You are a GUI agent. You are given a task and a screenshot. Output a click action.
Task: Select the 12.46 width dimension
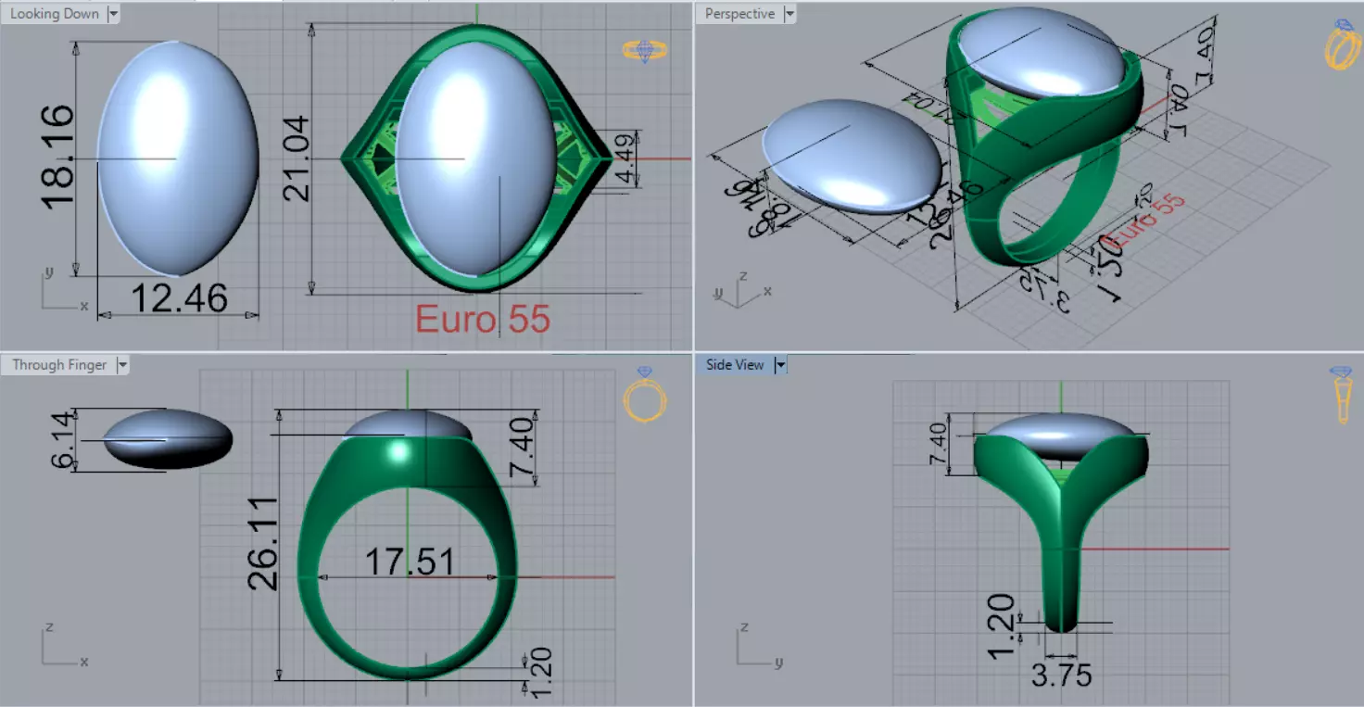179,298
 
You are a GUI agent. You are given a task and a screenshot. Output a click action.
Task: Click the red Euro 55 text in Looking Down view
482,320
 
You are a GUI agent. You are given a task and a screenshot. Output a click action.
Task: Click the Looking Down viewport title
55,14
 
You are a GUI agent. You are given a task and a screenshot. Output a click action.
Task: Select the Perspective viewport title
739,14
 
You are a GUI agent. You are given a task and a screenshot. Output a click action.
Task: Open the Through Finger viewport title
59,365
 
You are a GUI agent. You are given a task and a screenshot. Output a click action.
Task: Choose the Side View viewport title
735,365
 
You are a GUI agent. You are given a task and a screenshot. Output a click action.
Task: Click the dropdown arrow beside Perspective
789,14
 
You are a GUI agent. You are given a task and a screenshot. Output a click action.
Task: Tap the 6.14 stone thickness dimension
63,440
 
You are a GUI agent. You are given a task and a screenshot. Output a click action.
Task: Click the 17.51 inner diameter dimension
409,562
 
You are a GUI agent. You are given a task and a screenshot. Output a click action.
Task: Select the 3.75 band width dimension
1061,675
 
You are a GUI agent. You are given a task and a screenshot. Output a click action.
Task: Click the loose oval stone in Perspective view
847,156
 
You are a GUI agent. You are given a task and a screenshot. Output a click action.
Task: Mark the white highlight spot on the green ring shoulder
399,450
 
